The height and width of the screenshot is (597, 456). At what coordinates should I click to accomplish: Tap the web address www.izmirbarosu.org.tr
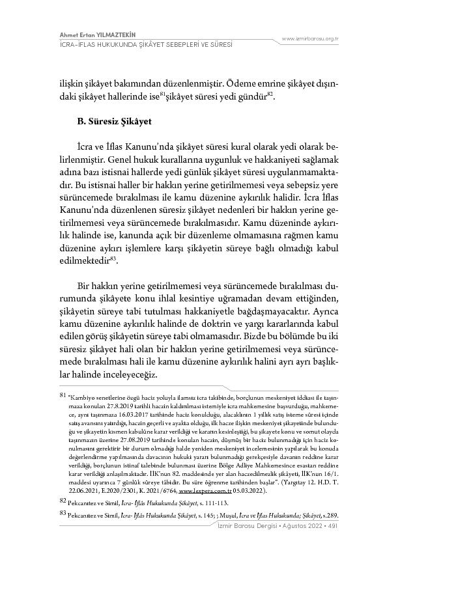[x=309, y=39]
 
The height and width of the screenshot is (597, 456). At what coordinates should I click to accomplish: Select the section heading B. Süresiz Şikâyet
[x=116, y=121]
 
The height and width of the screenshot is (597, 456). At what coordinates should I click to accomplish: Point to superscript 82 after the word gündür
[x=270, y=94]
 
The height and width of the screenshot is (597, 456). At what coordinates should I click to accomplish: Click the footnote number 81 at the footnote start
[x=63, y=395]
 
